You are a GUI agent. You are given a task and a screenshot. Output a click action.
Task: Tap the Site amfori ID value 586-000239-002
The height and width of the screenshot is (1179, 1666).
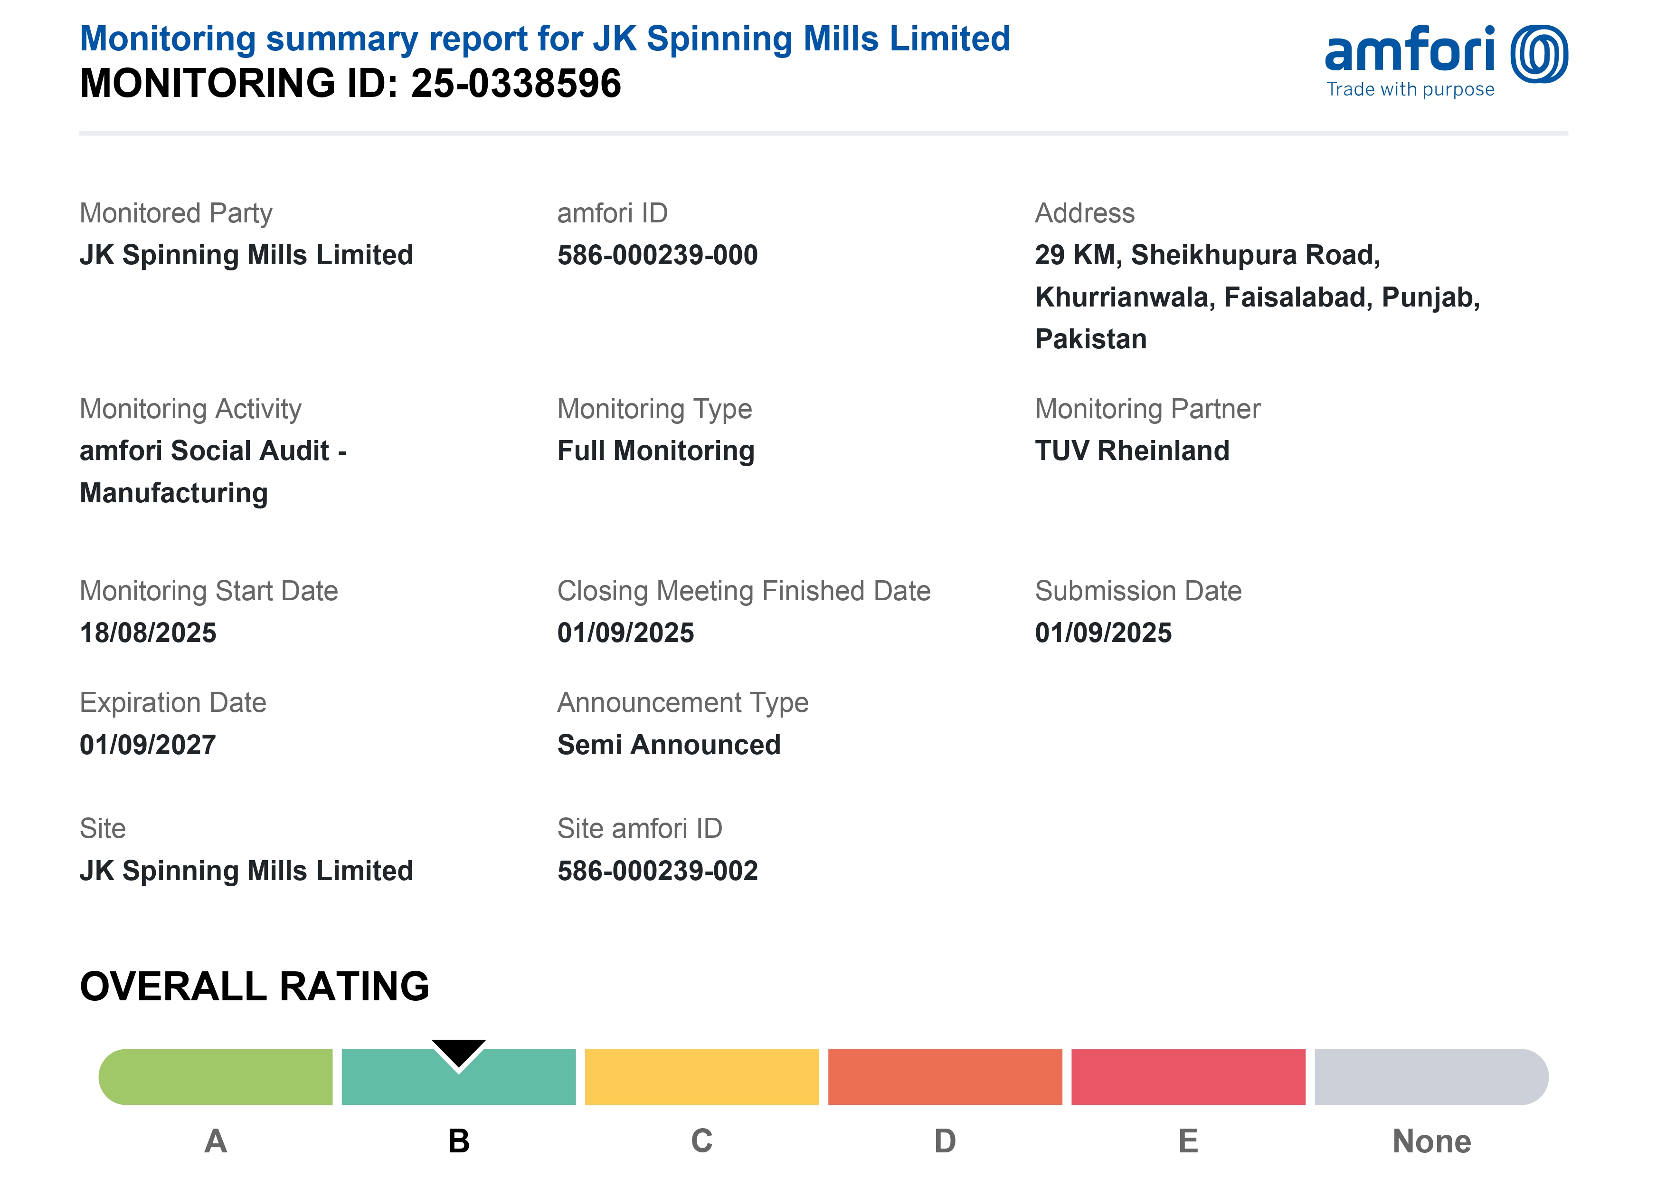pos(657,871)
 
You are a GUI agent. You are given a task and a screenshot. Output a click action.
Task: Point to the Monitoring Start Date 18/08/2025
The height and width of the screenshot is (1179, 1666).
pos(148,633)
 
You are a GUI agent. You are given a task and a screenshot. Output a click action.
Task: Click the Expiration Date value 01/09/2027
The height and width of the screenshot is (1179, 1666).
pos(148,745)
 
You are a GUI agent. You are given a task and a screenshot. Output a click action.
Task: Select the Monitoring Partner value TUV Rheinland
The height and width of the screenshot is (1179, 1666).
pos(1132,451)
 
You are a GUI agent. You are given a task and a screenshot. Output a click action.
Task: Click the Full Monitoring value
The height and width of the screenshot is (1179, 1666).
pos(656,451)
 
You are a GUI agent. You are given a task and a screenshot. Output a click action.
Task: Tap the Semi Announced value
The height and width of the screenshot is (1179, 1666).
pos(668,745)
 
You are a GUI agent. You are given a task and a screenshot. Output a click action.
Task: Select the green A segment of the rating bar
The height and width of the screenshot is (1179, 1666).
pos(216,1077)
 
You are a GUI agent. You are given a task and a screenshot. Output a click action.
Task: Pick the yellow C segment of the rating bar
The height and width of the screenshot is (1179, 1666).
pos(701,1077)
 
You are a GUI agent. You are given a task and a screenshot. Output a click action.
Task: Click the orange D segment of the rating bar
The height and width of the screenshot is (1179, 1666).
pos(945,1077)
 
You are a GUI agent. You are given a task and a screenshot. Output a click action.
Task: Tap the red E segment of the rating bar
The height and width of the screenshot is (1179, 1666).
pos(1188,1077)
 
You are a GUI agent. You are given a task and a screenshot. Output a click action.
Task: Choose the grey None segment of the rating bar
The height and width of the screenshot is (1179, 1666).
pos(1431,1077)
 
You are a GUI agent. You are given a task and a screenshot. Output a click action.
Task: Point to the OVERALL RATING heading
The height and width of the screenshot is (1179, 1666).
pos(255,986)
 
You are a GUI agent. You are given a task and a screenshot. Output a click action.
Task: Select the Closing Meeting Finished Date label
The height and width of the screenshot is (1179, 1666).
pos(744,591)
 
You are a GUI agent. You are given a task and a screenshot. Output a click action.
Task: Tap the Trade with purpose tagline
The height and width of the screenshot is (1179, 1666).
pos(1410,89)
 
